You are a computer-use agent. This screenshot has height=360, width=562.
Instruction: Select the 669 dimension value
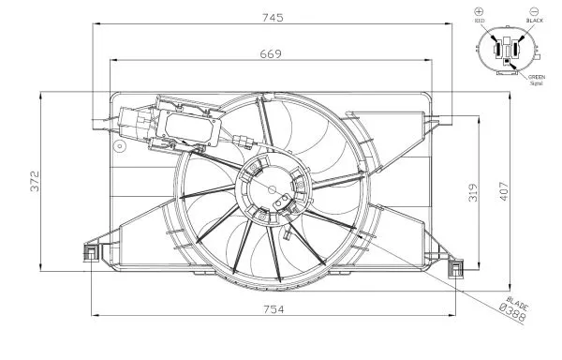click(271, 55)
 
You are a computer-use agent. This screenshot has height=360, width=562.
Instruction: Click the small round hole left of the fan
click(118, 146)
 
